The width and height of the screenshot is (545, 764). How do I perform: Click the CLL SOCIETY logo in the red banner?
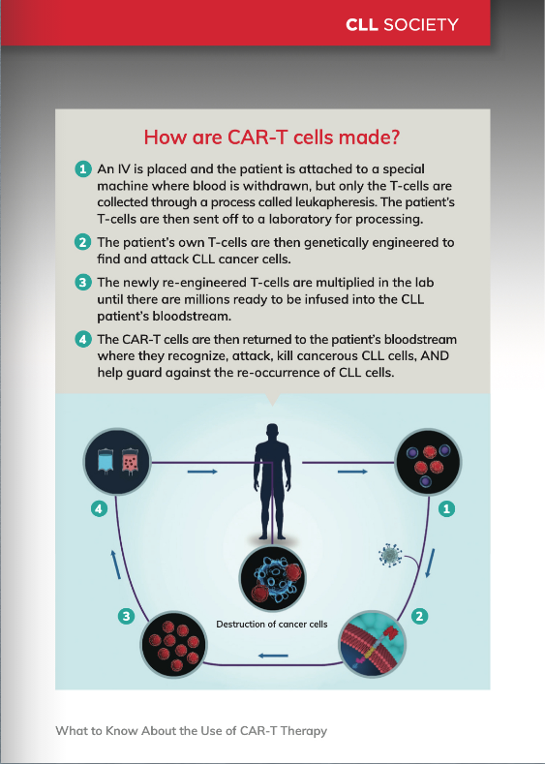pos(402,24)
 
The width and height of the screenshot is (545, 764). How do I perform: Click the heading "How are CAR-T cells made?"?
pos(272,137)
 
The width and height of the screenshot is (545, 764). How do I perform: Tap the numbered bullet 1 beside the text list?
pos(83,169)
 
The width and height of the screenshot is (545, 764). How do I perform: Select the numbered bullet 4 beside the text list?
pos(83,339)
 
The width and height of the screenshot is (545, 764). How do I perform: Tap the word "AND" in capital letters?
pos(435,356)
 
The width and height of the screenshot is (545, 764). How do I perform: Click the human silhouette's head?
pos(273,433)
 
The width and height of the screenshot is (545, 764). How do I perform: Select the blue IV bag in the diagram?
pos(106,460)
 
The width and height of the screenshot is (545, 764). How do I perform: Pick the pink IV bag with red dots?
pos(130,461)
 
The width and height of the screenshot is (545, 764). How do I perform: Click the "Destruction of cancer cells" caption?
pos(272,625)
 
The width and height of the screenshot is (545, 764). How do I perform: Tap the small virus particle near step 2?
pos(391,555)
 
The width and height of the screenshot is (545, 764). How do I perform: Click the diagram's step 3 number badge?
pos(127,617)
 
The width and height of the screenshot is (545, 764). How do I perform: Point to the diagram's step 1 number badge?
pos(446,509)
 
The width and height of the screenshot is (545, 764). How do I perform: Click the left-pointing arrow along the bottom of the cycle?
pos(273,656)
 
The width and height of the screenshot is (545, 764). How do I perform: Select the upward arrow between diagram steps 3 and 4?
pos(115,565)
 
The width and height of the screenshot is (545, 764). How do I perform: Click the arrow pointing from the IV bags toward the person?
pos(202,472)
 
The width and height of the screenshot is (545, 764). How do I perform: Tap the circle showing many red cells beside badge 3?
pos(174,645)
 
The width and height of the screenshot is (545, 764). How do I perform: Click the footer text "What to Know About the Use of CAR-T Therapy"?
pos(191,731)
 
